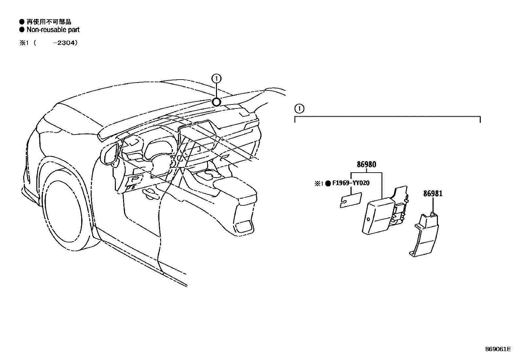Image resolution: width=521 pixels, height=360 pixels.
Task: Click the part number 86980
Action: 366,164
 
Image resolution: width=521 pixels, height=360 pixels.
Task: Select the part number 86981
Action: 433,194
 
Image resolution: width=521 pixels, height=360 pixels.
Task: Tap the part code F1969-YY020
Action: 351,183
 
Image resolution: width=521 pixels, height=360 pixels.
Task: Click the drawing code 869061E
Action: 498,349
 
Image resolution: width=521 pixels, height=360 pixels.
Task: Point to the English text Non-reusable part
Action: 53,30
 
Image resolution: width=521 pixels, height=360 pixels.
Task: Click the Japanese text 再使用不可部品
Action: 49,22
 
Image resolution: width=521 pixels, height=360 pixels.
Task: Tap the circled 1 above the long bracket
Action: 299,108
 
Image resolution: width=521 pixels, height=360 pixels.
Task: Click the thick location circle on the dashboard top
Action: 216,102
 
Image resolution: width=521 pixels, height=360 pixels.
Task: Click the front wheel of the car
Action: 62,213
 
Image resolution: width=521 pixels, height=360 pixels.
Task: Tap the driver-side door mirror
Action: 110,154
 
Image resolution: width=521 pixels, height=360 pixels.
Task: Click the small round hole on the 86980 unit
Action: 368,219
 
